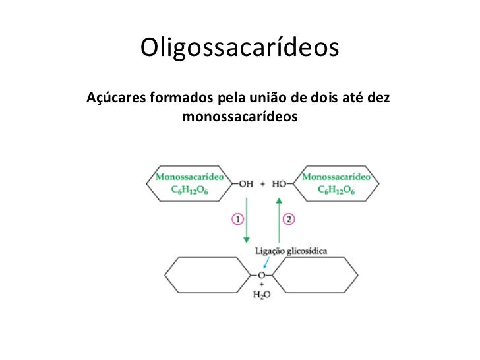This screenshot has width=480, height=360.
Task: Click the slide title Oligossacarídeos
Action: pyautogui.click(x=239, y=47)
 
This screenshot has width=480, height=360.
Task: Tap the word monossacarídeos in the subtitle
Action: pyautogui.click(x=239, y=117)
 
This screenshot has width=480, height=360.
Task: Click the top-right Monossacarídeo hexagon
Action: pyautogui.click(x=336, y=183)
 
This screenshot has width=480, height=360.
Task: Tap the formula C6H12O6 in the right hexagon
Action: pyautogui.click(x=336, y=191)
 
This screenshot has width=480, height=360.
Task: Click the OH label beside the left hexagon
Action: pyautogui.click(x=246, y=183)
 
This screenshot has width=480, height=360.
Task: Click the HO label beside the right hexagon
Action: pyautogui.click(x=279, y=183)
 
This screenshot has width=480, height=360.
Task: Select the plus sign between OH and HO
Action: pyautogui.click(x=262, y=183)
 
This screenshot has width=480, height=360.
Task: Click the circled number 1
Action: pyautogui.click(x=237, y=219)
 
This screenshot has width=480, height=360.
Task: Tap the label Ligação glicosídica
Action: pyautogui.click(x=291, y=251)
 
